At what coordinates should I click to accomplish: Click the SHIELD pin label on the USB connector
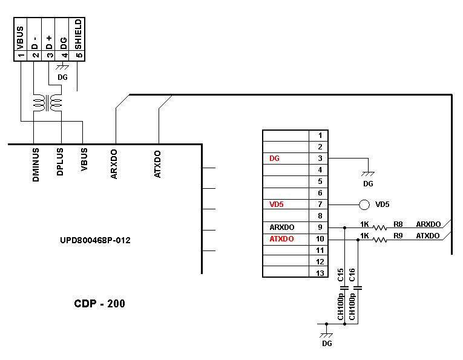78,35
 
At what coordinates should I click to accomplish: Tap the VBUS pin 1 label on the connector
21,35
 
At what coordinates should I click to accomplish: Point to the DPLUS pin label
60,162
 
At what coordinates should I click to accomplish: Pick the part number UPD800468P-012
95,240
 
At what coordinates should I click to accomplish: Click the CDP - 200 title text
100,303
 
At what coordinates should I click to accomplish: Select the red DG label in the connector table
274,159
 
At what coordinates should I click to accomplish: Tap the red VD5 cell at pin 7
276,205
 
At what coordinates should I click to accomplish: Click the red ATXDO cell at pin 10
281,239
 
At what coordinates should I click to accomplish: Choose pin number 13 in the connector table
320,273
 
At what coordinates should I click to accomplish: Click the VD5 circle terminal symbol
364,205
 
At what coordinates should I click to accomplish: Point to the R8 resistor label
398,224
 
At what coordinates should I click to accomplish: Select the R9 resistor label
398,235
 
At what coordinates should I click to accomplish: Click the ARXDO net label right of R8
428,224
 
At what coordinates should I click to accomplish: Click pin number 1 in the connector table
320,136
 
